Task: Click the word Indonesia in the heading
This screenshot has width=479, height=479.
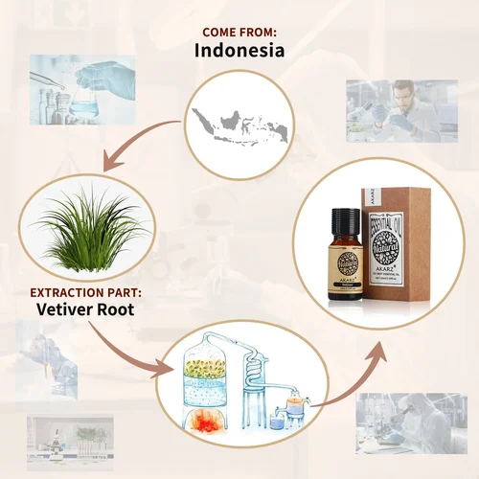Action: point(239,50)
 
